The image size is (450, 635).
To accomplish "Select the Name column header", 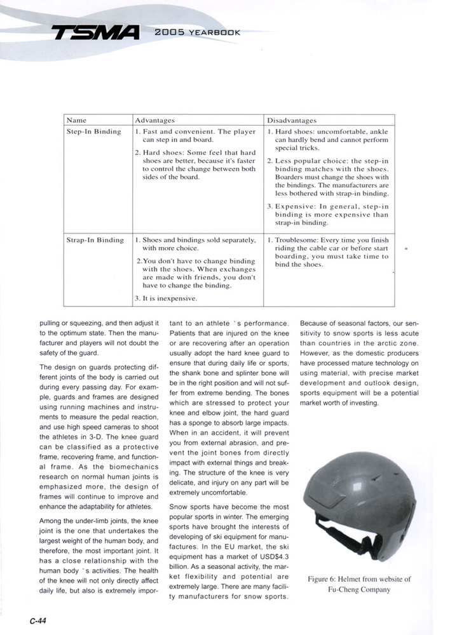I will coord(76,119).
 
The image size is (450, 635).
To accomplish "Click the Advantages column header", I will coord(155,119).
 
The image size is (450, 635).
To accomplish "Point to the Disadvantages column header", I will coord(293,119).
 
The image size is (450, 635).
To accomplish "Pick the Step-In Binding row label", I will coord(93,131).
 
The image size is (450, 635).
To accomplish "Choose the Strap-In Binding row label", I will coord(95,240).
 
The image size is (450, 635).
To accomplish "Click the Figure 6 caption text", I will coord(359,584).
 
